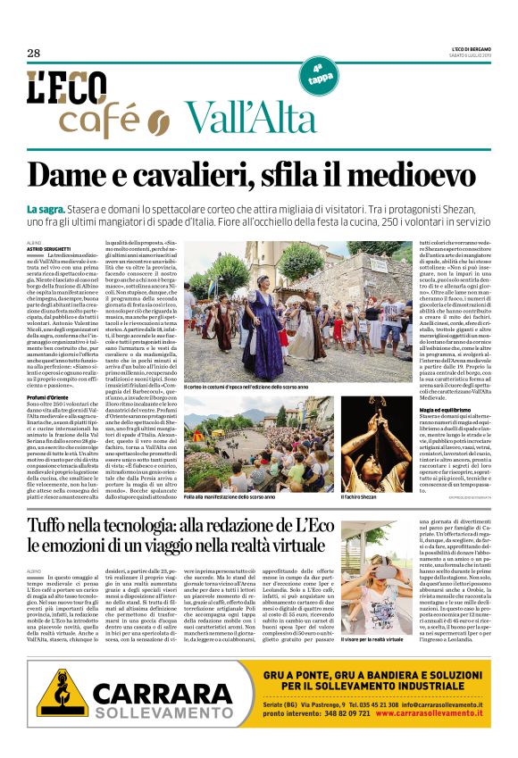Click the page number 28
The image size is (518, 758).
point(34,54)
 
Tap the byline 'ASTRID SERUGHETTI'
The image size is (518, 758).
point(47,248)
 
